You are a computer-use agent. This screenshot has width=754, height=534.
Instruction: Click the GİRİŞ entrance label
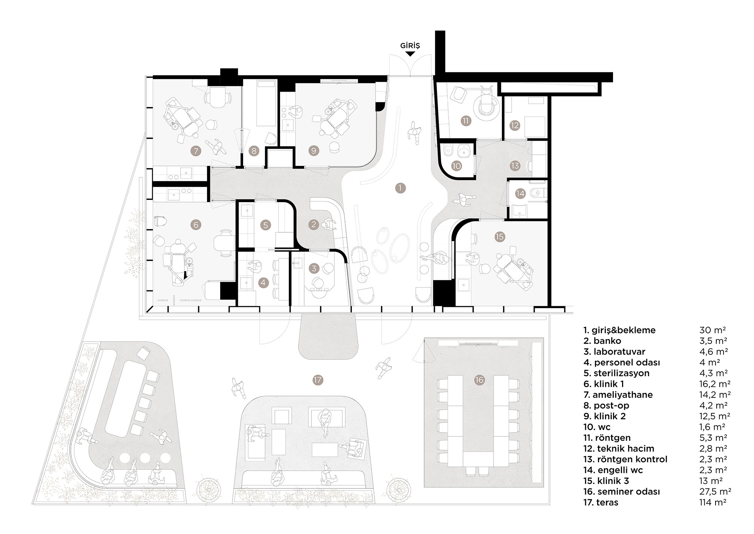click(x=410, y=46)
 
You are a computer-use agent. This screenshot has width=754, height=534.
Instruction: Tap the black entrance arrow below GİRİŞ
click(x=410, y=54)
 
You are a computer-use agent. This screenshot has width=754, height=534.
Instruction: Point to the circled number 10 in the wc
click(x=457, y=166)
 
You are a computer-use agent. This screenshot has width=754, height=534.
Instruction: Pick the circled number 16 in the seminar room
click(x=479, y=380)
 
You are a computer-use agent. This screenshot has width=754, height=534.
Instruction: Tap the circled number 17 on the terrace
click(x=318, y=379)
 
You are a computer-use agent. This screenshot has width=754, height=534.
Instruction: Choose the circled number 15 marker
click(x=500, y=237)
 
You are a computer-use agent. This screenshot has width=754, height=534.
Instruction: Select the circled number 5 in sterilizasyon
click(x=265, y=225)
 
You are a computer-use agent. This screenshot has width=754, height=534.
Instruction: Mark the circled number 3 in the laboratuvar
click(x=314, y=269)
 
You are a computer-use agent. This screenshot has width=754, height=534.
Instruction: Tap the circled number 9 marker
click(x=313, y=151)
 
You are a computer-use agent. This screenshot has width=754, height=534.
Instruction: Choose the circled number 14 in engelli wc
click(x=520, y=194)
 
